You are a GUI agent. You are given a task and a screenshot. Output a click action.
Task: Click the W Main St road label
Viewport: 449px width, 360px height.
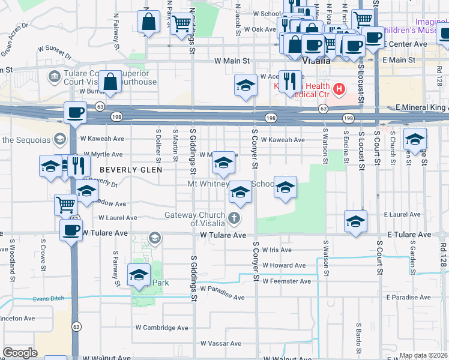coord(232,61)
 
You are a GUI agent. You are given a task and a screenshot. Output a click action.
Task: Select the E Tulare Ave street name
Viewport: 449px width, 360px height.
coord(409,235)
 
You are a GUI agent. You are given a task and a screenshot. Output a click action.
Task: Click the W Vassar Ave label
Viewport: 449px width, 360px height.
coord(221,344)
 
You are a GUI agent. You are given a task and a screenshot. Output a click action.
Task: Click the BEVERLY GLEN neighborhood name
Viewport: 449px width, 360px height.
coord(131,170)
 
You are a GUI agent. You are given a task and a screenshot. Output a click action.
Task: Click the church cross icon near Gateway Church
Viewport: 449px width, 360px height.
coord(234,218)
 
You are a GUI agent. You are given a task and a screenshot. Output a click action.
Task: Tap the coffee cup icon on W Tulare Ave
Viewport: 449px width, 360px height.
coord(71,230)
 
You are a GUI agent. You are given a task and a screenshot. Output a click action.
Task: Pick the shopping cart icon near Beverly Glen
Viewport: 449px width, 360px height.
coord(65,204)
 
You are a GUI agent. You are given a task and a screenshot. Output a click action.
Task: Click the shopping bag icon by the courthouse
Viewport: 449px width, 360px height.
coord(111,82)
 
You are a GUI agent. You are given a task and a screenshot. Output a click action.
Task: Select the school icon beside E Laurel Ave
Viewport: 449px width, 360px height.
coord(355,221)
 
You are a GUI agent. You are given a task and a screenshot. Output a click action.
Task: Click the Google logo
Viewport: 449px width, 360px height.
coord(20,353)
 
